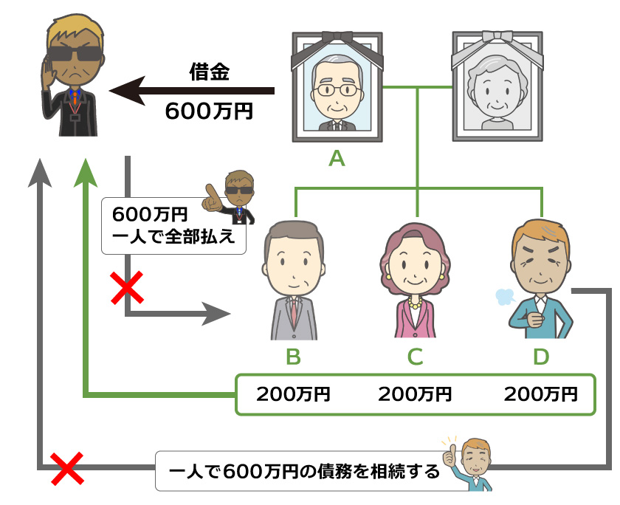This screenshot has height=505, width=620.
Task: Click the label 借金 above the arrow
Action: click(210, 72)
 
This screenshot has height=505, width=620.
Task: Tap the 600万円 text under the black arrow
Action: click(210, 111)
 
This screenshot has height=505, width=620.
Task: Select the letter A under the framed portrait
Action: click(337, 157)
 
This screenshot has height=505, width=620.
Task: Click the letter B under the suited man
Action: click(293, 357)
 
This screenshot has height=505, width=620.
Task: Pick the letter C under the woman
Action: click(415, 357)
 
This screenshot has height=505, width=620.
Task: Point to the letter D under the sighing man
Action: click(541, 357)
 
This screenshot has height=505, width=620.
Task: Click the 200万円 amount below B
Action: click(293, 394)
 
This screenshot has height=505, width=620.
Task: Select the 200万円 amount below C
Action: click(415, 394)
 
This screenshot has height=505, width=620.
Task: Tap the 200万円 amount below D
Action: click(541, 394)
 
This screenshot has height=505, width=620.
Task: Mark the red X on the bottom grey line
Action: click(64, 467)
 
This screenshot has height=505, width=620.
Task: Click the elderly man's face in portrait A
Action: click(336, 90)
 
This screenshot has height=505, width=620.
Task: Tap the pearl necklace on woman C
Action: click(413, 303)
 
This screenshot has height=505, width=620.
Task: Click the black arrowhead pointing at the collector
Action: click(122, 91)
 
